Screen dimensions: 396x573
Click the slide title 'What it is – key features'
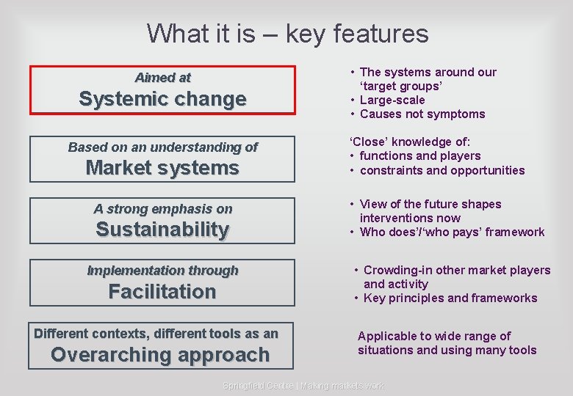click(x=287, y=34)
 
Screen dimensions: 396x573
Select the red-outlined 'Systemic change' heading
click(x=162, y=100)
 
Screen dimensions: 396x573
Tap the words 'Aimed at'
click(x=162, y=77)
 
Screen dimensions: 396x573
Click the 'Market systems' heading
click(x=162, y=168)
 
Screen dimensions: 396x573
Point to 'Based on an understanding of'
click(x=162, y=147)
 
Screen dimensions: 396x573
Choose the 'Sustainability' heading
click(x=162, y=230)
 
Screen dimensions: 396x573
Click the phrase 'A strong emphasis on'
click(x=162, y=209)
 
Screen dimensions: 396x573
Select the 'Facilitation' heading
click(x=162, y=292)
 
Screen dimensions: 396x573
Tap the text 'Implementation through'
click(x=162, y=271)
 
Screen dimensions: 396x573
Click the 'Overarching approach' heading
click(x=160, y=355)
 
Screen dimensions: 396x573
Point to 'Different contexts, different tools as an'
click(x=156, y=334)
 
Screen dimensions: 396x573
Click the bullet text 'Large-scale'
click(x=392, y=100)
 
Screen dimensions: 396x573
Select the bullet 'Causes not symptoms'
click(x=422, y=114)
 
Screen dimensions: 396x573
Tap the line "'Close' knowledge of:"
click(x=409, y=142)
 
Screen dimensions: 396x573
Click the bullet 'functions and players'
click(x=419, y=155)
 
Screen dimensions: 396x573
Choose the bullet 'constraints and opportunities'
click(x=442, y=170)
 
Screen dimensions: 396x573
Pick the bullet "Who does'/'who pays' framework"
click(x=452, y=232)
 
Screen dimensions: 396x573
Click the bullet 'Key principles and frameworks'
click(x=450, y=298)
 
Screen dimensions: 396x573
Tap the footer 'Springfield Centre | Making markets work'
click(x=303, y=386)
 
